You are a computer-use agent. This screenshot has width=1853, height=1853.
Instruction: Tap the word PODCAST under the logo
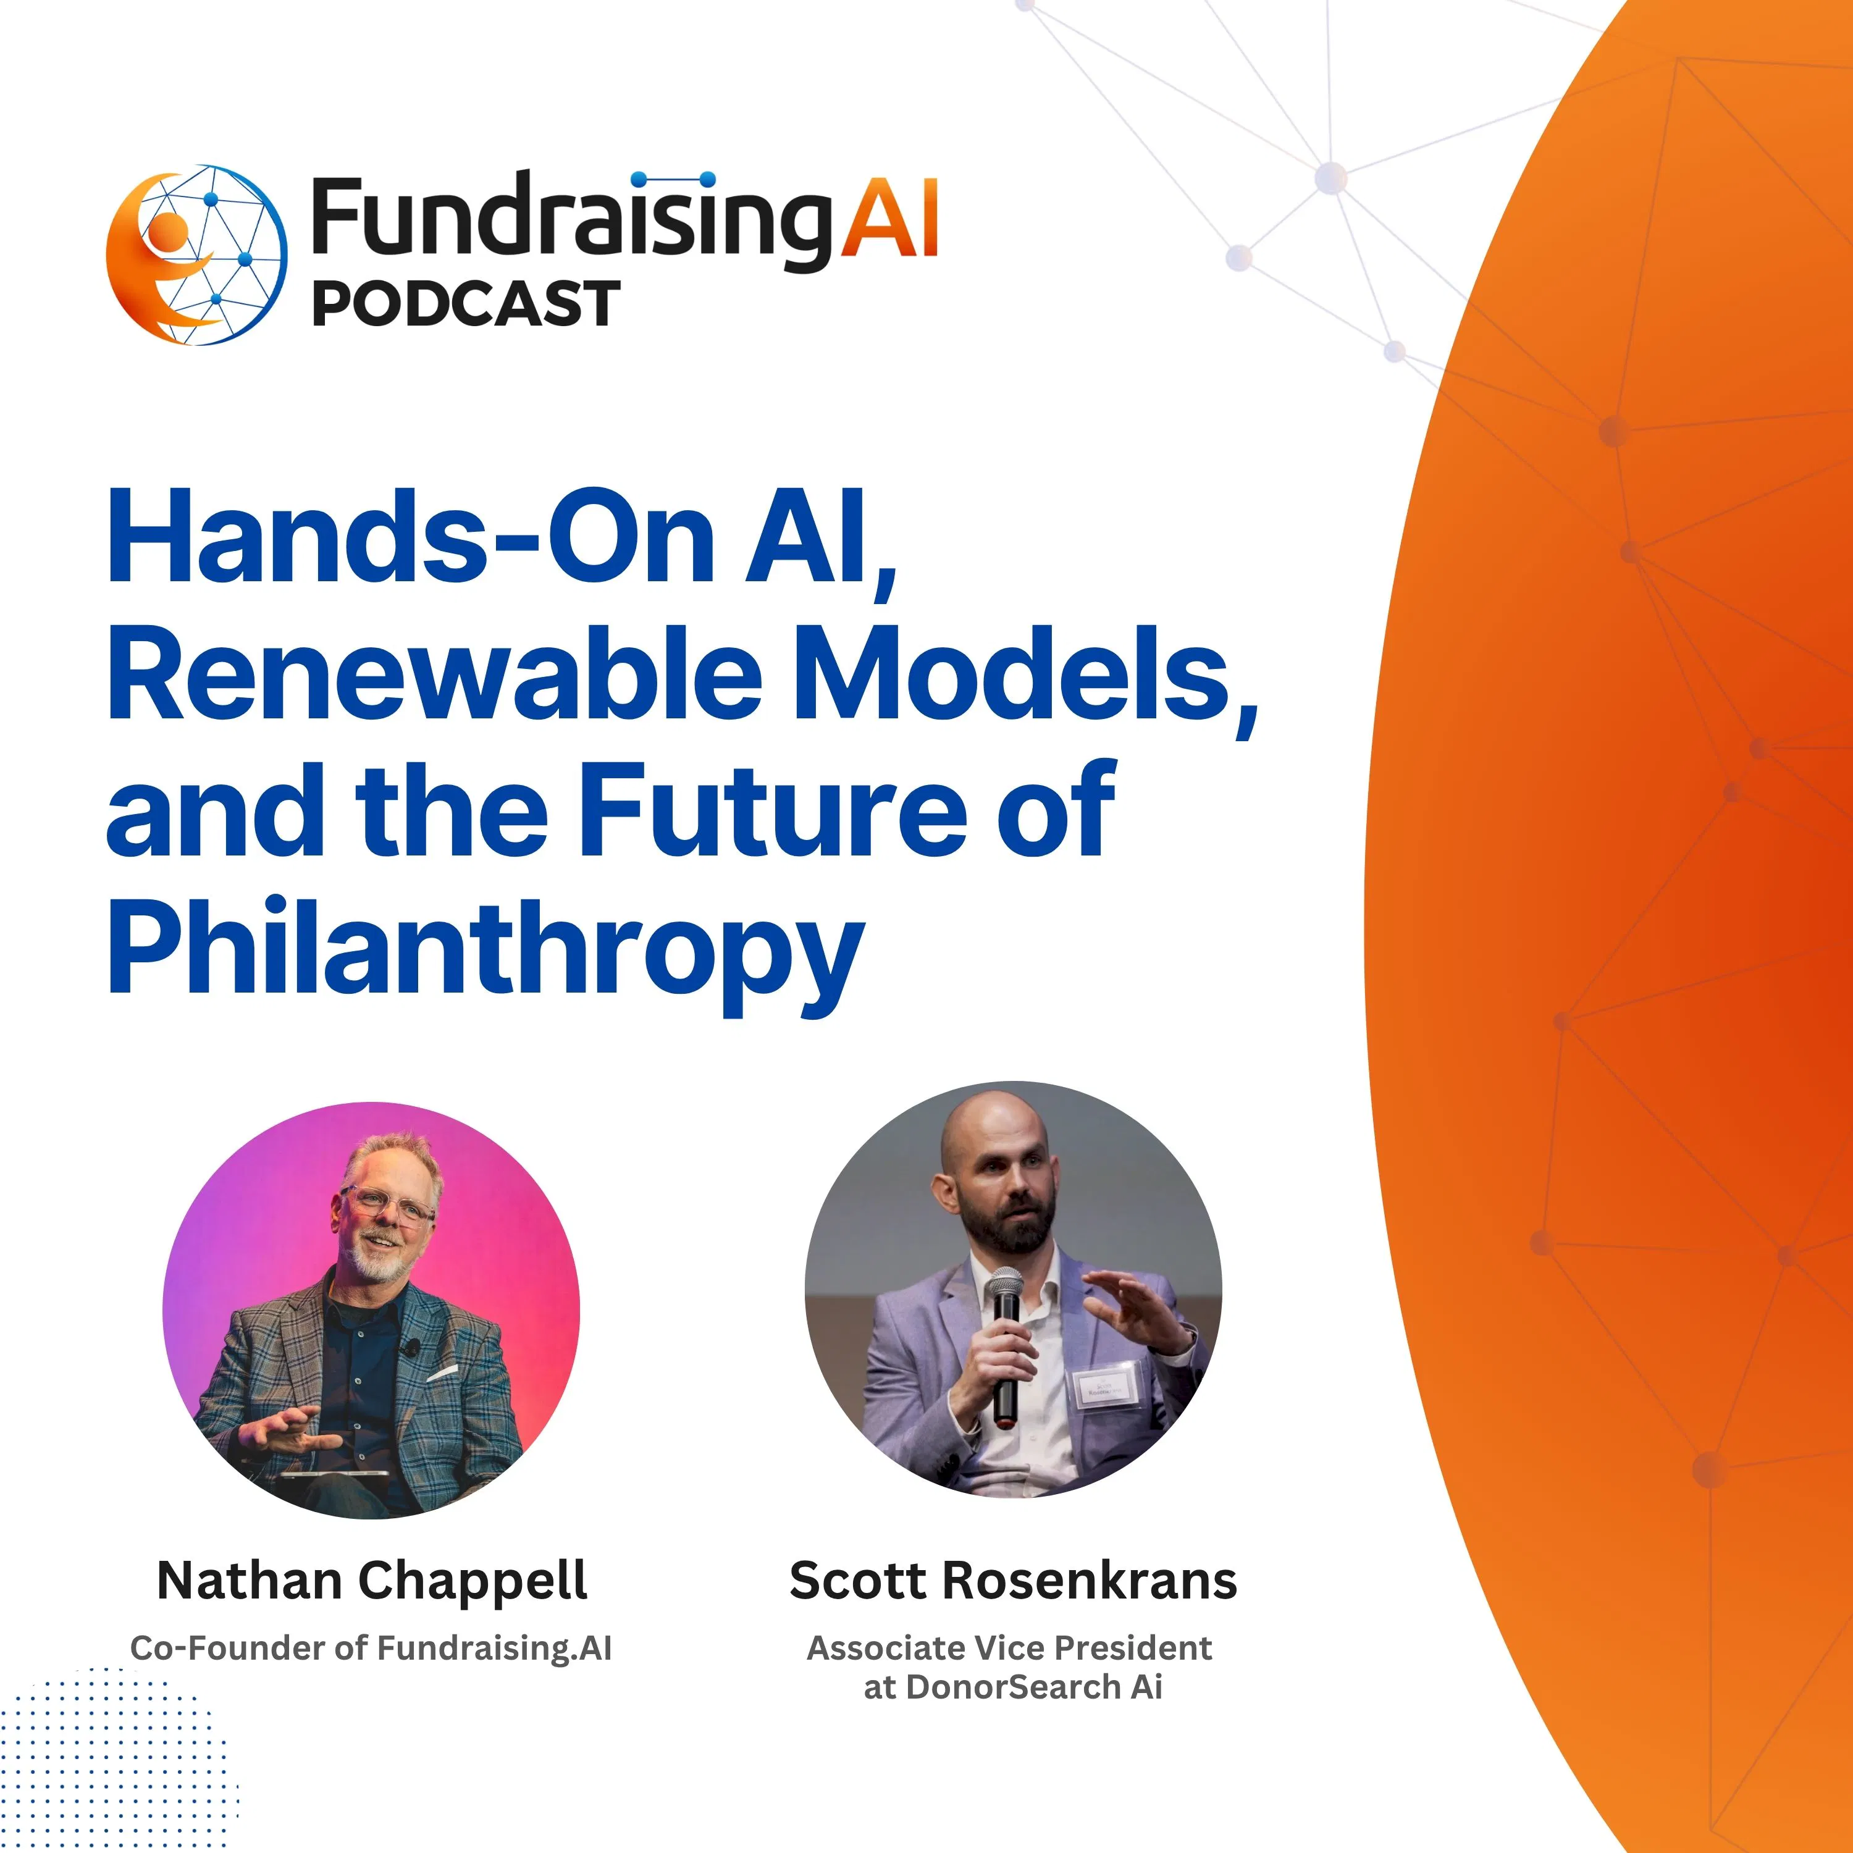(466, 304)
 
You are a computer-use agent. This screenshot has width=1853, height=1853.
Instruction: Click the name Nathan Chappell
(372, 1581)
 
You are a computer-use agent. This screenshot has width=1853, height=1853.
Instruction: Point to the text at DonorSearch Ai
(1013, 1687)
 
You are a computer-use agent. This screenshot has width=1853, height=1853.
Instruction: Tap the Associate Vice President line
(1009, 1648)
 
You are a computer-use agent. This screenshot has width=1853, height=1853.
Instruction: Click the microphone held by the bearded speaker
(1005, 1343)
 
